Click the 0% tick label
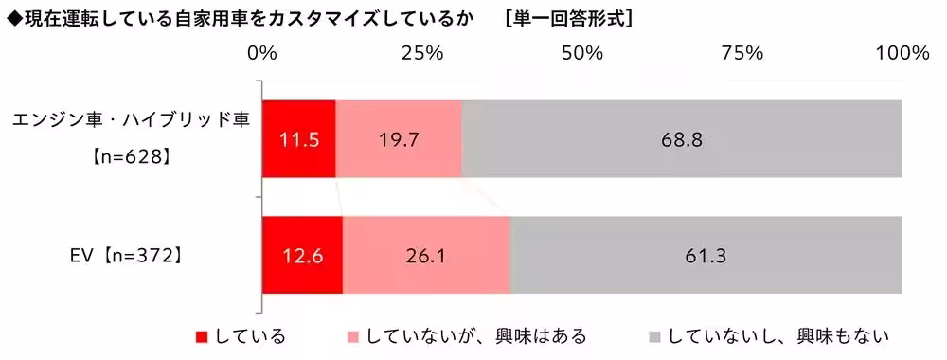pos(261,53)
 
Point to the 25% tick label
pos(422,53)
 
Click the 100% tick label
pos(901,53)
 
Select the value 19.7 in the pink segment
pos(399,140)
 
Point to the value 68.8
pos(682,140)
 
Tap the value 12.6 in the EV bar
pos(300,255)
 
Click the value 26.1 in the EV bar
pos(426,255)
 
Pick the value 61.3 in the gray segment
pos(706,255)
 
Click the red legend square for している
pos(201,336)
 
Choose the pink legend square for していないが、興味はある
pos(353,336)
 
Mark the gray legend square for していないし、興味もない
pos(654,336)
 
